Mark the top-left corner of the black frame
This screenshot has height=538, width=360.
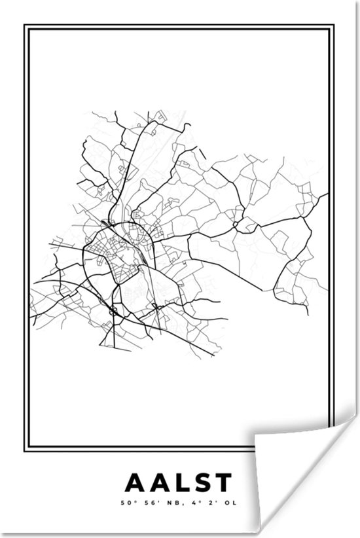(x=24, y=26)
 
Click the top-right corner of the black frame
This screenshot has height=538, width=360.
(x=336, y=26)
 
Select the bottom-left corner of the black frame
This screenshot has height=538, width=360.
(x=24, y=452)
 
